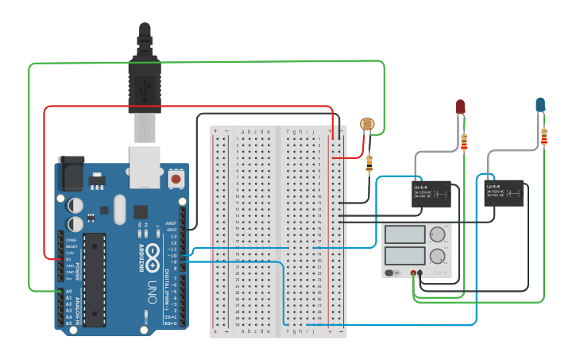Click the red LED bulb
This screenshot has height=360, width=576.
click(460, 106)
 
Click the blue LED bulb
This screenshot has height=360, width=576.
click(540, 104)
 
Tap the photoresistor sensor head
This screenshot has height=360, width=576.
click(366, 124)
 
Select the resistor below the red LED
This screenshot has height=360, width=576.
click(464, 142)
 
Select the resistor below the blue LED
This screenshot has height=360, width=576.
click(544, 138)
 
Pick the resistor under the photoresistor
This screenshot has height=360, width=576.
click(369, 164)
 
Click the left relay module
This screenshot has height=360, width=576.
click(430, 193)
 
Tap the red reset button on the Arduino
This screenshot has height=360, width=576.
click(175, 180)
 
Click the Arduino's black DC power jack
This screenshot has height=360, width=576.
click(72, 172)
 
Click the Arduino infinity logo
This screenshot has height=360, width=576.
click(154, 256)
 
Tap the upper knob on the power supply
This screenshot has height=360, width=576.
click(437, 234)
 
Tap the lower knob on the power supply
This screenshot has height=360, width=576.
click(437, 256)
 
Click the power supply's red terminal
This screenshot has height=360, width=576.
click(413, 273)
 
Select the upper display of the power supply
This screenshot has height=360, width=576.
click(404, 234)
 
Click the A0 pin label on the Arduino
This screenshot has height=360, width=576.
click(68, 292)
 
